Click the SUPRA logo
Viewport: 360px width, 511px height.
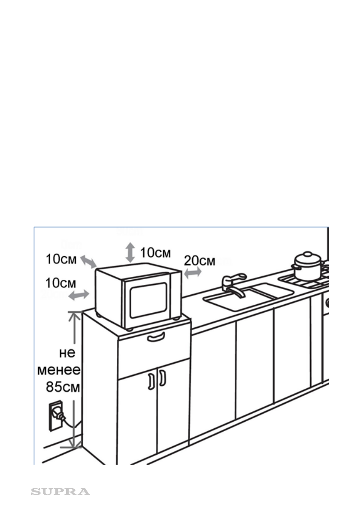[x=60, y=491]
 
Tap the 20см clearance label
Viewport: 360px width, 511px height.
[x=200, y=260]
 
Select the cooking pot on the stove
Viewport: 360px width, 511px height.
[x=308, y=267]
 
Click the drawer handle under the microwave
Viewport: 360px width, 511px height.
[x=156, y=337]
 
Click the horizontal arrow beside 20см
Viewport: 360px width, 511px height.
[x=193, y=272]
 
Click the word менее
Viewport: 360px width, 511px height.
[x=60, y=369]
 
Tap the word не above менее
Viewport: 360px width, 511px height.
[x=67, y=353]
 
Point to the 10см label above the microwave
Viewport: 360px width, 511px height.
[x=155, y=252]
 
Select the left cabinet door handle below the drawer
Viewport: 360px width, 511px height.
[x=151, y=381]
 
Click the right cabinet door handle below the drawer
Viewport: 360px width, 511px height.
[x=162, y=378]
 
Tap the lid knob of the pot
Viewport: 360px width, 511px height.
[x=308, y=254]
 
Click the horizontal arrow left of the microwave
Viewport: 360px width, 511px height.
[x=79, y=294]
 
